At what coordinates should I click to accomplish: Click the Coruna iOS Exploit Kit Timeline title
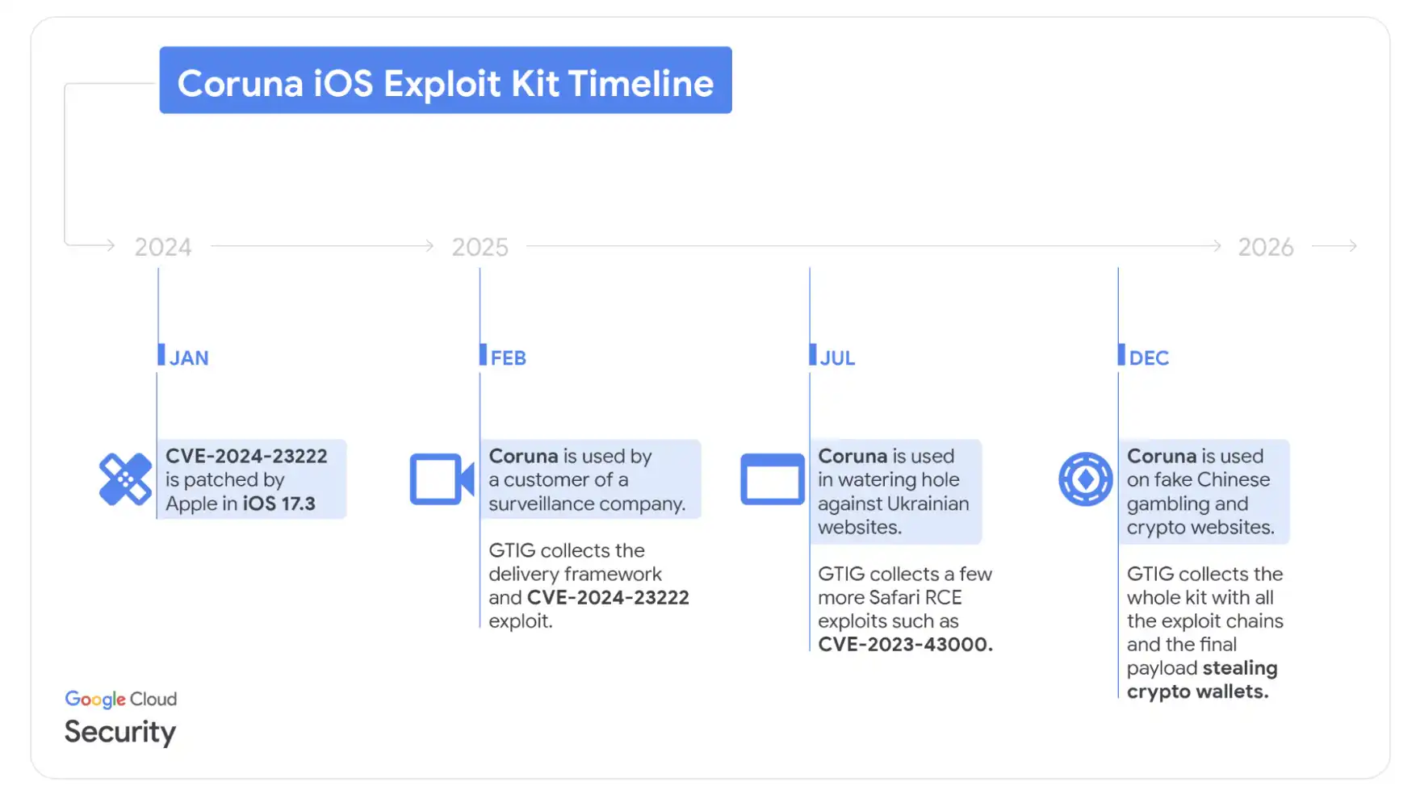[446, 83]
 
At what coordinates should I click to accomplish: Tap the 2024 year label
[163, 247]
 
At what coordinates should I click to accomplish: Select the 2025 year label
[480, 247]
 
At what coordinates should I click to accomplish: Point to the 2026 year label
[1266, 247]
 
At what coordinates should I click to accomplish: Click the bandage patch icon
[125, 479]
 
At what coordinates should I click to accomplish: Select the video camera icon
[442, 479]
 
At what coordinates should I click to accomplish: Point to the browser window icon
[773, 479]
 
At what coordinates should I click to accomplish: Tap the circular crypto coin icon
[1086, 479]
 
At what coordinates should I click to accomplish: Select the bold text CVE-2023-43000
[905, 645]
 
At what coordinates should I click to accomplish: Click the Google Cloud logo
[121, 700]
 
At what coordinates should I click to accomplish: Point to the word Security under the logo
[120, 732]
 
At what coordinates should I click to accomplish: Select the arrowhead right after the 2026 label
[1352, 245]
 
